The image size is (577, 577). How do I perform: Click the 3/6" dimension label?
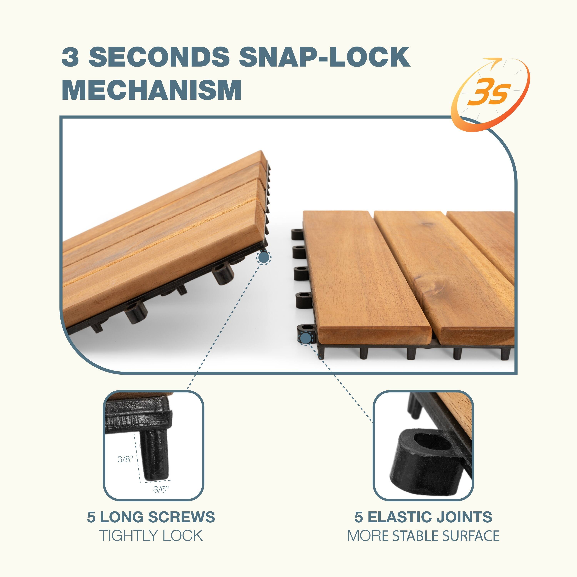(x=161, y=489)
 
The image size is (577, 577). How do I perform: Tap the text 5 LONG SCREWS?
(x=151, y=517)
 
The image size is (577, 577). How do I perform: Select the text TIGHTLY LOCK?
(x=151, y=536)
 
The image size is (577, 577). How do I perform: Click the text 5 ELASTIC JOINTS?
(x=423, y=517)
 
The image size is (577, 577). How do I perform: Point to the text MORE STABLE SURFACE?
(x=423, y=536)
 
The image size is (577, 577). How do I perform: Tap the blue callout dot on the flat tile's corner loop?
(x=306, y=338)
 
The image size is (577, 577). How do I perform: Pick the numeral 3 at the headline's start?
(x=70, y=57)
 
